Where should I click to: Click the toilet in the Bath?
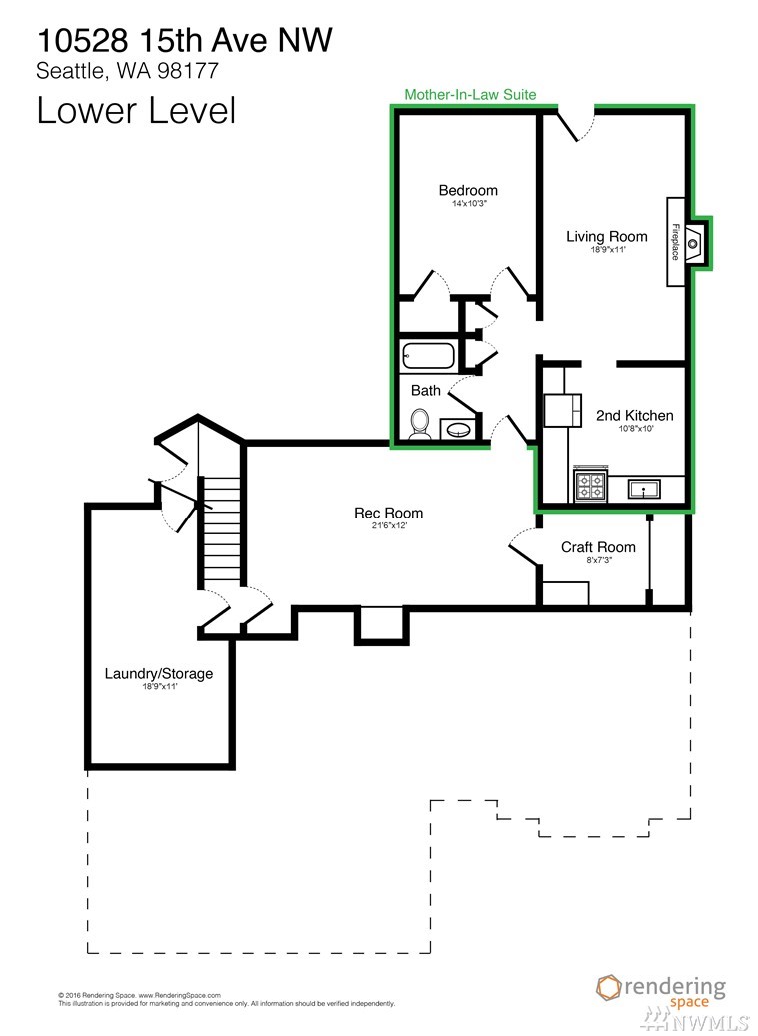(x=419, y=424)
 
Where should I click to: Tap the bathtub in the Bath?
(x=428, y=355)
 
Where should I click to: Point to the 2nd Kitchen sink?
(x=644, y=490)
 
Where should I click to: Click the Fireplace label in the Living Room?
(x=675, y=241)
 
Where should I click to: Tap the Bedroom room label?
(x=468, y=190)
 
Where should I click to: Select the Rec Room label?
(x=388, y=513)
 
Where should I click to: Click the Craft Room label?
(x=598, y=547)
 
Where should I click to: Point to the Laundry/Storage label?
(x=159, y=674)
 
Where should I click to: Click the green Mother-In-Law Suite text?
(x=470, y=95)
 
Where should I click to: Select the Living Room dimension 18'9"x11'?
(x=608, y=250)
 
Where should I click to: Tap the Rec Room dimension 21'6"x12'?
(x=388, y=526)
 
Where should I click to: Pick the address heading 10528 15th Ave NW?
(x=185, y=40)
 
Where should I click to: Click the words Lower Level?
(x=136, y=110)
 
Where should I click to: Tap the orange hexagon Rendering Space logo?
(x=609, y=988)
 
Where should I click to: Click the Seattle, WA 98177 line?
(x=127, y=71)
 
